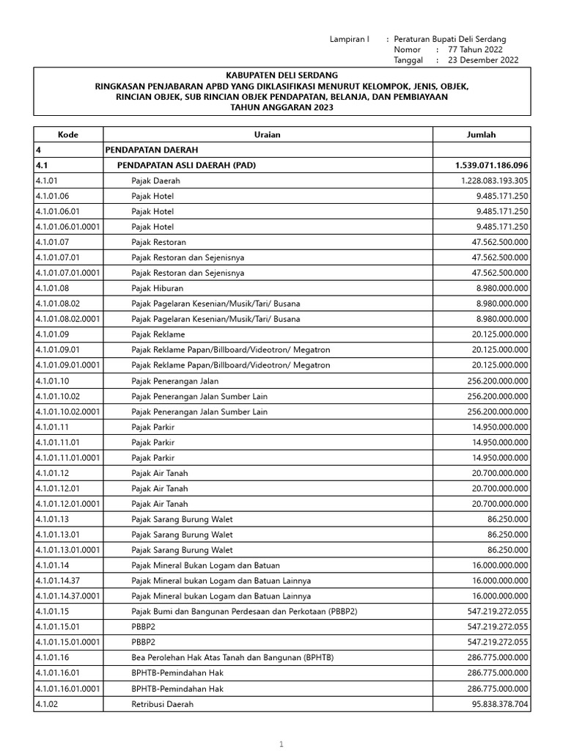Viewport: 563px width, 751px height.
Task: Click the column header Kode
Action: click(68, 134)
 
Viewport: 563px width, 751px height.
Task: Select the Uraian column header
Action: click(268, 134)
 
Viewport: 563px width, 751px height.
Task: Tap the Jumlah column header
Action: click(481, 134)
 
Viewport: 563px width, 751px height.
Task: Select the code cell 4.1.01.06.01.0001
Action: click(67, 227)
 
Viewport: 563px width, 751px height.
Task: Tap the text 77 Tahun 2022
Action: click(480, 50)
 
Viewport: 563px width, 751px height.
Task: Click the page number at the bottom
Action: click(281, 744)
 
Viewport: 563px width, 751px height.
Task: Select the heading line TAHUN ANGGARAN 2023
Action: click(281, 107)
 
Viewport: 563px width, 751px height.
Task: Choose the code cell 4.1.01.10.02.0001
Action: click(67, 411)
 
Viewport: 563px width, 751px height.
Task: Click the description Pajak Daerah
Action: click(155, 180)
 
